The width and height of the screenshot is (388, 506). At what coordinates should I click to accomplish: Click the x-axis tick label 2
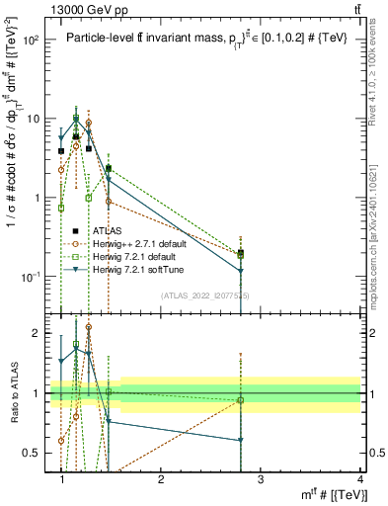(161, 479)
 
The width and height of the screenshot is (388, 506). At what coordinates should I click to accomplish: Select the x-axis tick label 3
(261, 479)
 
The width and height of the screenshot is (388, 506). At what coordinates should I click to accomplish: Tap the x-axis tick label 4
(359, 479)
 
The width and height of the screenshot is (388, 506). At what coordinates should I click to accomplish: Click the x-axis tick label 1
(62, 479)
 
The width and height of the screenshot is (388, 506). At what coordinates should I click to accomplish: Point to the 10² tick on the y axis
(32, 40)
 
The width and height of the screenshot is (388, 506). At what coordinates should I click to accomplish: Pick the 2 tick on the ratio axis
(36, 333)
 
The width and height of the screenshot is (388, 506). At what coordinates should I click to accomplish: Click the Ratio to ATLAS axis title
(12, 392)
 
